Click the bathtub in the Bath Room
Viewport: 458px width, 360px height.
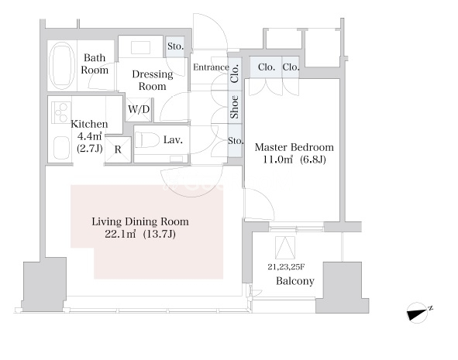pos(60,66)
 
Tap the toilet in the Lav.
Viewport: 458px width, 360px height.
pos(146,139)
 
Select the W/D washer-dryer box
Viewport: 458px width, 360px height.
pos(139,109)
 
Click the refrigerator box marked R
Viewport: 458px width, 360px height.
pos(118,149)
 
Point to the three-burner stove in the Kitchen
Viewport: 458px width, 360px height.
pos(61,112)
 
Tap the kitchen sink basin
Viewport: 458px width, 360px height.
pos(62,148)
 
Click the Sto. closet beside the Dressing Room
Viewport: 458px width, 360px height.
pos(175,46)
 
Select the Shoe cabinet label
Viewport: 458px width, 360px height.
pos(234,107)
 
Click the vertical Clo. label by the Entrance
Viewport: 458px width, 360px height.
pos(235,74)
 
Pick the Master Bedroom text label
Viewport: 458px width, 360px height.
pos(294,147)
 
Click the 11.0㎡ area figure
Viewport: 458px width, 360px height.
pos(277,159)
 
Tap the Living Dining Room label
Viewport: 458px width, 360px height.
pos(140,221)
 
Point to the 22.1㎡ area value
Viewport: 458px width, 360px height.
pos(120,234)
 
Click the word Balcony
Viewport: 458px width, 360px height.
pos(295,281)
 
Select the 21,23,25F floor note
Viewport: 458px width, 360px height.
pos(286,266)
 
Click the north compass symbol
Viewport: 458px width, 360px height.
pos(418,313)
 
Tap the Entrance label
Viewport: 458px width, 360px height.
pos(211,67)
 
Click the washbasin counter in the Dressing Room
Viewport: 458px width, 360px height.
pos(140,46)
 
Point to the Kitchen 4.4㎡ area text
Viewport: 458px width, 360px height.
pos(90,136)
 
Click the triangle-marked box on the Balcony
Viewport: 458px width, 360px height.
pos(284,248)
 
